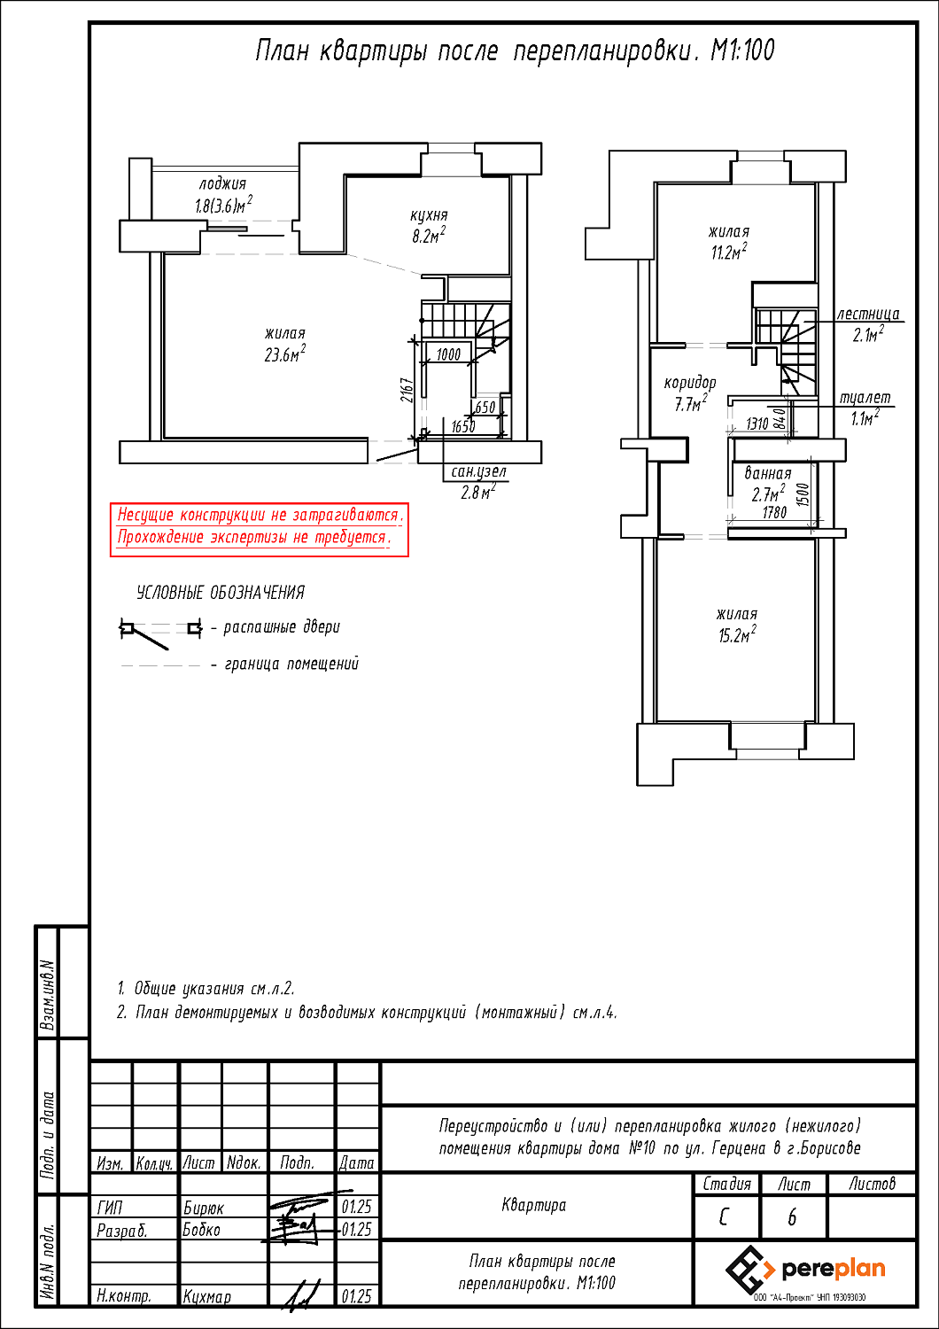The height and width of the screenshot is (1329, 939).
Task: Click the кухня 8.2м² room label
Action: pos(429,226)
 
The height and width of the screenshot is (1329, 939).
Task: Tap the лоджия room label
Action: pos(222,184)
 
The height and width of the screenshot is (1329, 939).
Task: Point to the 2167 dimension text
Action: pos(407,391)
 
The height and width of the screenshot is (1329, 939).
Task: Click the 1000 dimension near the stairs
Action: pos(448,355)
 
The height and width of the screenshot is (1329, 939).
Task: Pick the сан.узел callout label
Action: pos(478,472)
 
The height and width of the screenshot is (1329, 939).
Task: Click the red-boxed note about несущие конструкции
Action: pos(259,526)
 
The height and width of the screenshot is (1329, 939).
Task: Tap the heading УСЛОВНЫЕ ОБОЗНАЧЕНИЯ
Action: pos(221,593)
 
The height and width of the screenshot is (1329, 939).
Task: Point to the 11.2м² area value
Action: pos(729,253)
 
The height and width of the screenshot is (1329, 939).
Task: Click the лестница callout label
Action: pos(868,314)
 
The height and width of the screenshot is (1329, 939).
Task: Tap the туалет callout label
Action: pos(865,398)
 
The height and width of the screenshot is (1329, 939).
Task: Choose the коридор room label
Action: pos(690,383)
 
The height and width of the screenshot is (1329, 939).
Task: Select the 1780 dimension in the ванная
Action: pos(774,513)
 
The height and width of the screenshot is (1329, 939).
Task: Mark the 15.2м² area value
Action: pos(737,636)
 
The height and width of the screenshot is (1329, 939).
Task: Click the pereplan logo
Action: pos(805,1270)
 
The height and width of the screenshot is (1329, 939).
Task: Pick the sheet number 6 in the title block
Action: pos(792,1218)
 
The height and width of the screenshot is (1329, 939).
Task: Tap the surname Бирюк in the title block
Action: pos(204,1208)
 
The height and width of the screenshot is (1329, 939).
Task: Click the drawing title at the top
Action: pos(515,51)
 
